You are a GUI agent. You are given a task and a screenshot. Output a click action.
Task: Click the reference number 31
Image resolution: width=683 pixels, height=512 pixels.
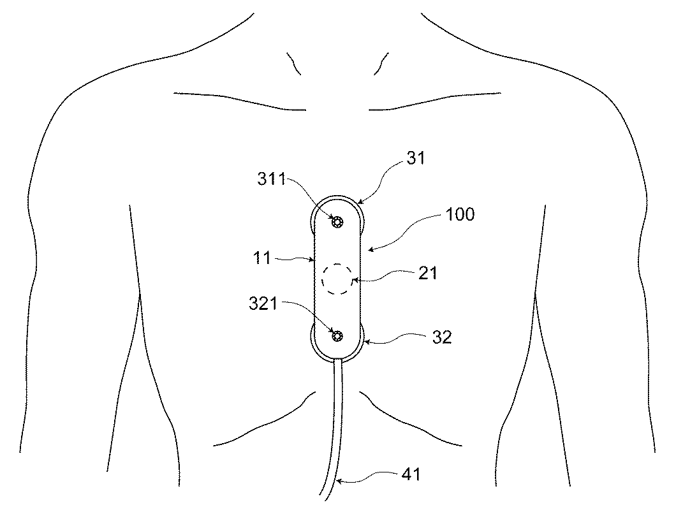(x=416, y=158)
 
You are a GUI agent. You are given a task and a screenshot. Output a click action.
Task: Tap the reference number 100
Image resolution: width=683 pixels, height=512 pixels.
(x=460, y=214)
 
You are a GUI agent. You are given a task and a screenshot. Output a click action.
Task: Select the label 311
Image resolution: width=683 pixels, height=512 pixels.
(x=272, y=179)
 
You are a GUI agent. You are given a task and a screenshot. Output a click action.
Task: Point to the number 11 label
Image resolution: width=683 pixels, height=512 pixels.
(x=262, y=258)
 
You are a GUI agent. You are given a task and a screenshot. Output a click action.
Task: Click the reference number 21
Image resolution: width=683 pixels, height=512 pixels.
(x=427, y=273)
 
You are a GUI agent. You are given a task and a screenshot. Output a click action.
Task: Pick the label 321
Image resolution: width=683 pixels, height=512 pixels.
(x=263, y=303)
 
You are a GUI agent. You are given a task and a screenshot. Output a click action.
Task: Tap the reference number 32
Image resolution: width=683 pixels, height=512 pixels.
(x=442, y=337)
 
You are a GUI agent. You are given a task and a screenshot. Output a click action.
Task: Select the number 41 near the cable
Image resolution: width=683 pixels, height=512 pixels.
(x=411, y=474)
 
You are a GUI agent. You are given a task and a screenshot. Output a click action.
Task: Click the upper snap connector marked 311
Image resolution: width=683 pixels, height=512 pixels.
(x=337, y=223)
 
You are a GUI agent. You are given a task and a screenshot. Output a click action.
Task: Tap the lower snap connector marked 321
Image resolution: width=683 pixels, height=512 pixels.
(x=337, y=335)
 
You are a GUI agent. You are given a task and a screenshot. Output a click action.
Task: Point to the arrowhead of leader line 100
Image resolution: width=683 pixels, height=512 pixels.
(x=370, y=249)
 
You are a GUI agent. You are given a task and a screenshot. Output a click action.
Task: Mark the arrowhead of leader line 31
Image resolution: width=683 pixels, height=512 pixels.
(x=360, y=201)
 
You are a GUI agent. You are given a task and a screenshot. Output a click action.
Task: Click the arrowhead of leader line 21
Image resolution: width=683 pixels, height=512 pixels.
(x=354, y=280)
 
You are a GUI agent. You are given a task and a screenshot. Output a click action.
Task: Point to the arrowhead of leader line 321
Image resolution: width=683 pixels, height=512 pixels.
(x=333, y=332)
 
